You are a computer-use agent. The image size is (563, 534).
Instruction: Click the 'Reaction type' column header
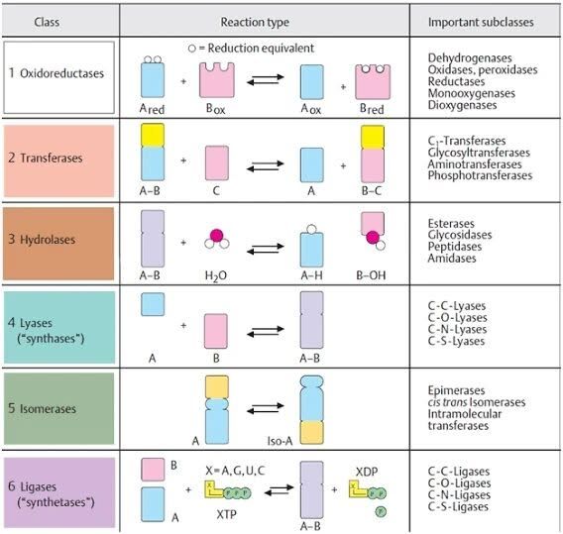(x=255, y=22)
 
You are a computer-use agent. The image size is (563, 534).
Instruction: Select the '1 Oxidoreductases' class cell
(x=59, y=77)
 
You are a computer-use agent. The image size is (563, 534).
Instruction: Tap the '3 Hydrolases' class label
(x=42, y=240)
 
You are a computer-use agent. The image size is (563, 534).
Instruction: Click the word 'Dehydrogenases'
(x=470, y=57)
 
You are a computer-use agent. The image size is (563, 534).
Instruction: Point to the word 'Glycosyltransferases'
(x=479, y=153)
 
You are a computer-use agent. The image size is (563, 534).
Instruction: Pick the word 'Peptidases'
(x=455, y=247)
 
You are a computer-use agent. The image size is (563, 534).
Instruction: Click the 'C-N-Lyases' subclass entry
(x=457, y=329)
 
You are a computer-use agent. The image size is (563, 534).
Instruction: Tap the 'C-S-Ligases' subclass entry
(x=458, y=506)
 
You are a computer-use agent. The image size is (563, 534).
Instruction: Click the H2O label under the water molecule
(x=215, y=275)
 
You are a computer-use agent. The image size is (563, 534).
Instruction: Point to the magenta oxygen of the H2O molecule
(x=216, y=236)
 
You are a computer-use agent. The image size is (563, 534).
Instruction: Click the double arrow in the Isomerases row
(x=266, y=409)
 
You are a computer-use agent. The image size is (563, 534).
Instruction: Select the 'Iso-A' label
(x=280, y=441)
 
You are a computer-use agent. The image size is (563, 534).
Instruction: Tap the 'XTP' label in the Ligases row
(x=226, y=514)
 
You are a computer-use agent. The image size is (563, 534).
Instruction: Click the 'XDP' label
(x=367, y=472)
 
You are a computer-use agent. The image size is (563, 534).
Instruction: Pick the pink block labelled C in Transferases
(x=216, y=162)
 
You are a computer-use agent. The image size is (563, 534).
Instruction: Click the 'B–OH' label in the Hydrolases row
(x=371, y=275)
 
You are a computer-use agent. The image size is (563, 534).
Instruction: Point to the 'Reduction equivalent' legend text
(x=261, y=49)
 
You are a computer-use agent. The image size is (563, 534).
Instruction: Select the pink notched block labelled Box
(x=217, y=80)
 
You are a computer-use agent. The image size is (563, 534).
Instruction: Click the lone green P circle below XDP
(x=381, y=511)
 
